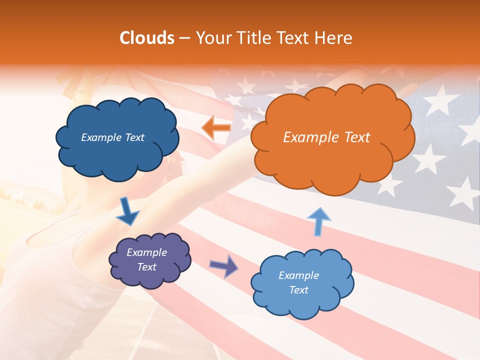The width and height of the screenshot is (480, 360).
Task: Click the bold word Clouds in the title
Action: (147, 38)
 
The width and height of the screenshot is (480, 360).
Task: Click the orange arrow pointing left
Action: (216, 128)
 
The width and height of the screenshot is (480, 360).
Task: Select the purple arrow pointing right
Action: (223, 265)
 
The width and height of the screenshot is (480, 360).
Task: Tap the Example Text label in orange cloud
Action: (326, 137)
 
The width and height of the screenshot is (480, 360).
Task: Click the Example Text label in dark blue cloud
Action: (112, 137)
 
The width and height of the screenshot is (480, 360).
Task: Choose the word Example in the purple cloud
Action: (146, 252)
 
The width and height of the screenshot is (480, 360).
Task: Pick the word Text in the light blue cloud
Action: (298, 290)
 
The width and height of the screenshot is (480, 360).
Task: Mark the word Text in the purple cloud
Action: (146, 267)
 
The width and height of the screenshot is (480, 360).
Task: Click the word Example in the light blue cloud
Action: (298, 275)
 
